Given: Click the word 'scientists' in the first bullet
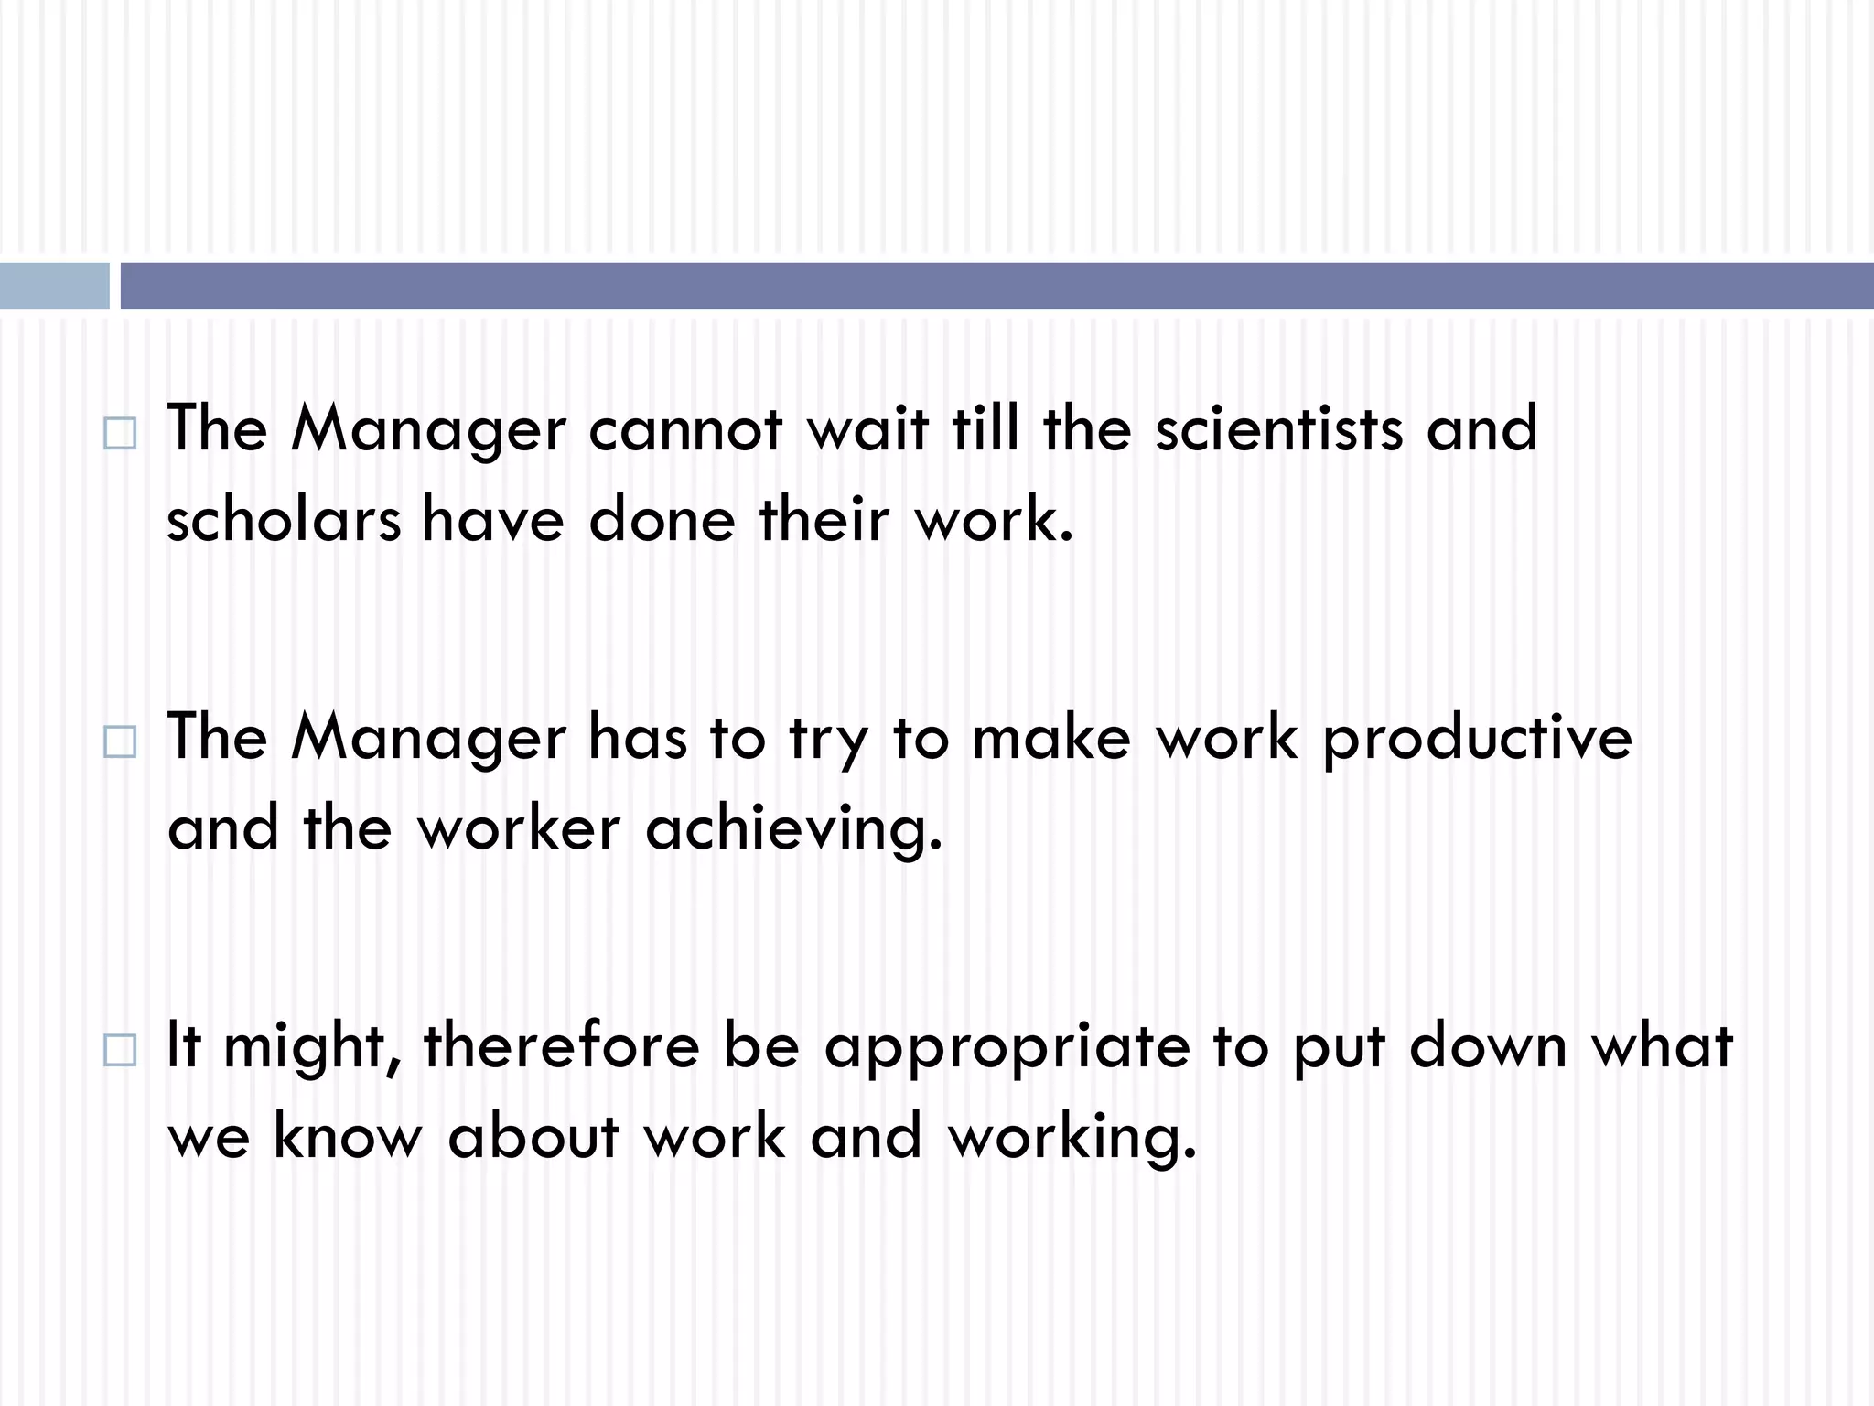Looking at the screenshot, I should click(1278, 429).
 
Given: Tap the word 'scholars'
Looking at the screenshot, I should click(284, 519).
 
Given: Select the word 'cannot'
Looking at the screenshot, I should click(685, 429).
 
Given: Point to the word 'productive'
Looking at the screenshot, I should click(1477, 739).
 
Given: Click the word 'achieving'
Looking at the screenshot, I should click(792, 828).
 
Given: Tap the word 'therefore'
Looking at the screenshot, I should click(561, 1046).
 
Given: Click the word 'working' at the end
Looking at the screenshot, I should click(1072, 1138).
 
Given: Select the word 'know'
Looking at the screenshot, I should click(348, 1138).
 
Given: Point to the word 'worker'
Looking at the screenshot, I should click(519, 828).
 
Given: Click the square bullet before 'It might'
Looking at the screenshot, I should click(120, 1050).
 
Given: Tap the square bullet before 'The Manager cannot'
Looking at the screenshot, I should click(120, 433).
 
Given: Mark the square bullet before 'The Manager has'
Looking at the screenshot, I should click(120, 741).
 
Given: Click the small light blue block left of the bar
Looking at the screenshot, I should click(54, 286).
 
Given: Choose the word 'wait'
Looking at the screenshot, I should click(867, 429).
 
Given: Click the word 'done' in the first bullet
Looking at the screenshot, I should click(662, 519).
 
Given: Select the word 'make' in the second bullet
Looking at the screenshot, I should click(1051, 737).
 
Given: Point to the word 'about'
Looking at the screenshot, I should click(533, 1138).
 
